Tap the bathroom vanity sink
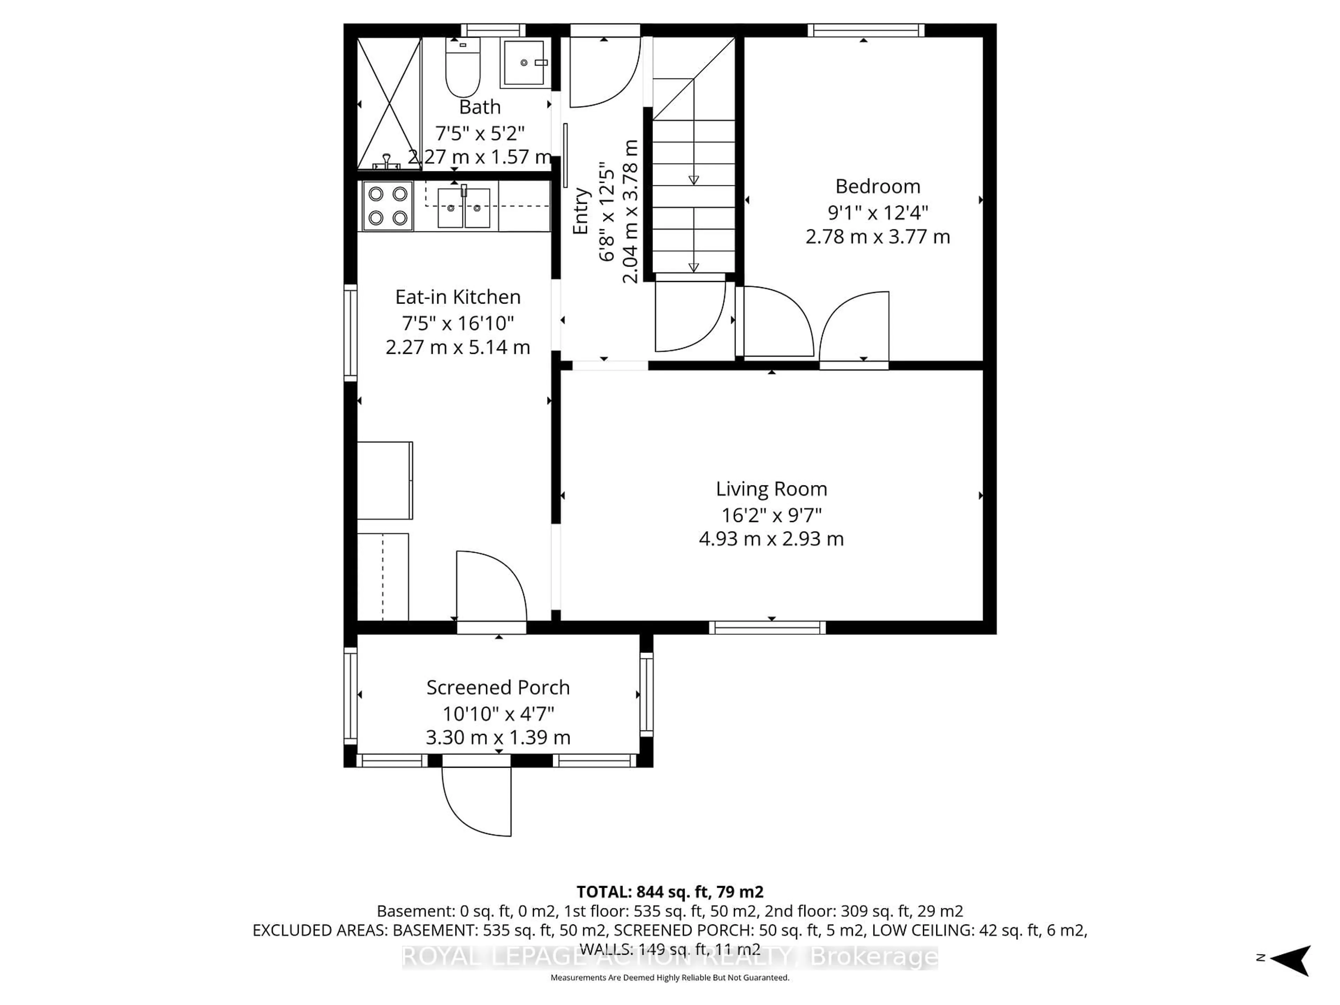(524, 63)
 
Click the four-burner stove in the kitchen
(388, 206)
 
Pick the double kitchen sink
(463, 207)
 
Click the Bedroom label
(877, 186)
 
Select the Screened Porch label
(498, 687)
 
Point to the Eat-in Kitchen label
(458, 297)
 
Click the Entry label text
(580, 211)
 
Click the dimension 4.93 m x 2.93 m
(771, 538)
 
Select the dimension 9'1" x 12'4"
(877, 213)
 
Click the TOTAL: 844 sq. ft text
(669, 892)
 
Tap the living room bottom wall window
(767, 627)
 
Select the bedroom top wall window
(866, 30)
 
